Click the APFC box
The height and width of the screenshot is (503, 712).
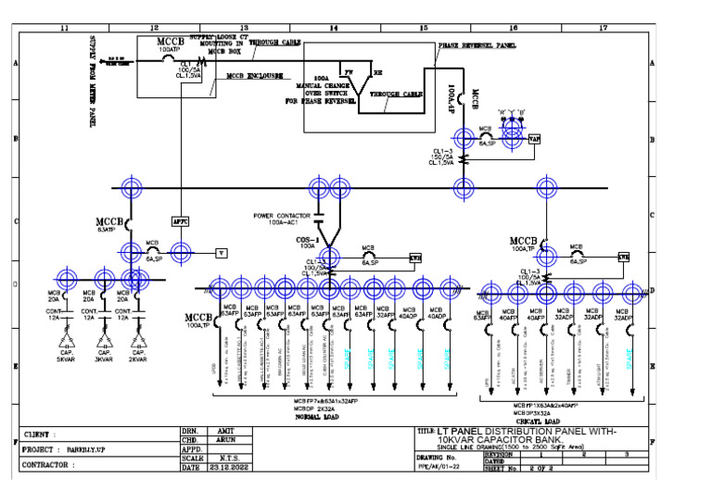(181, 221)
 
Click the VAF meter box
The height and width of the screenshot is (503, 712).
(534, 138)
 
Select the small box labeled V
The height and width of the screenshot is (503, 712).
(222, 252)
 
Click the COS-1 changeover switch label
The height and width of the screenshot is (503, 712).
(308, 238)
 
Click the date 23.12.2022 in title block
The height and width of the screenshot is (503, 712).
(226, 467)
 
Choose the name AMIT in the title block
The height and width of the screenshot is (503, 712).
(226, 432)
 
